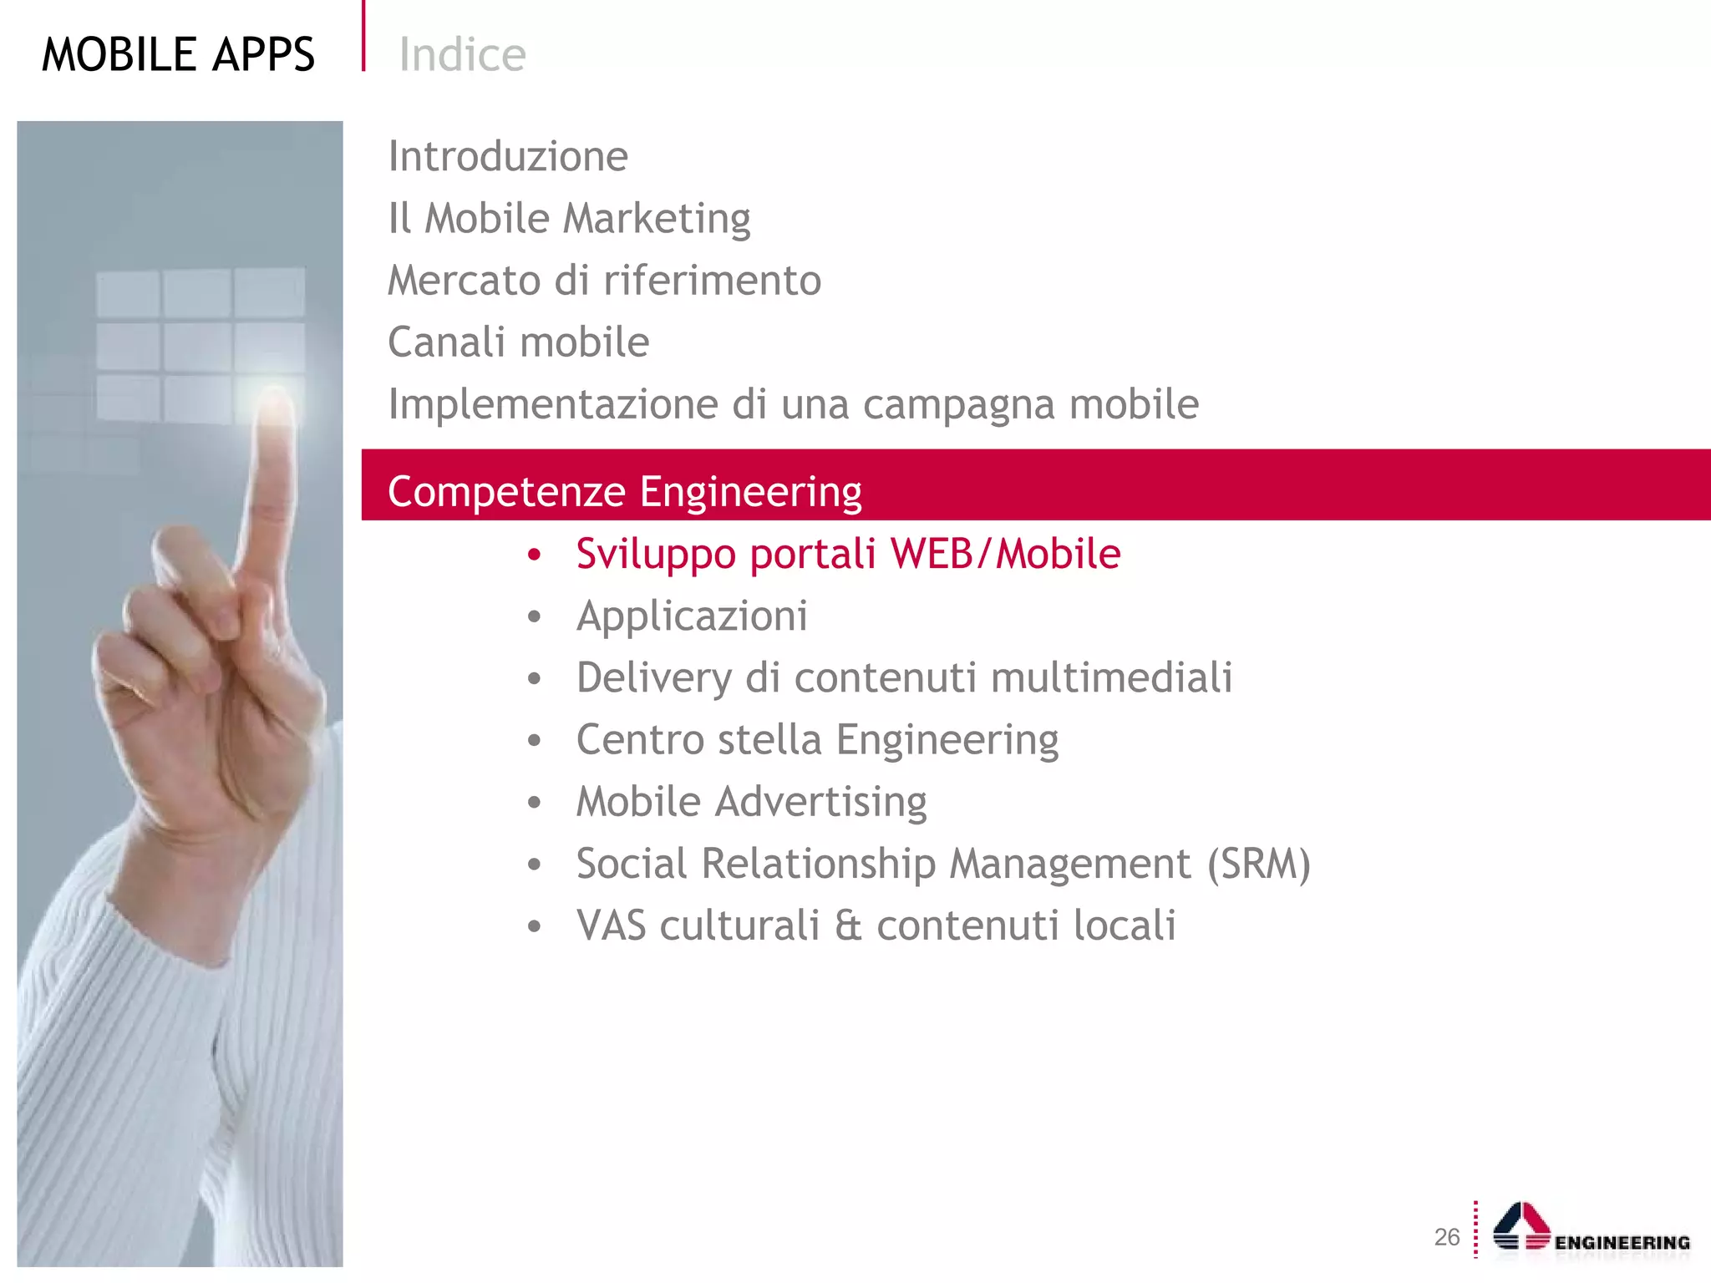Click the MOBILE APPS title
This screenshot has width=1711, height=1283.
click(x=178, y=55)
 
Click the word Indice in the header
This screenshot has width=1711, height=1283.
click(x=462, y=55)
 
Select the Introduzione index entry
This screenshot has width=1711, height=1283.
click(x=508, y=156)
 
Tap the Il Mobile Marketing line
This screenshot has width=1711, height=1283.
click(x=569, y=219)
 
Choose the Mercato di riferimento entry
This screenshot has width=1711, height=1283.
click(x=604, y=281)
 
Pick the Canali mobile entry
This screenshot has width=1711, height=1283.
click(x=518, y=342)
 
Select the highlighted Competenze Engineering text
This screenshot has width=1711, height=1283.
click(x=624, y=491)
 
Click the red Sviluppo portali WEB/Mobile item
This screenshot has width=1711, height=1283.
click(x=848, y=554)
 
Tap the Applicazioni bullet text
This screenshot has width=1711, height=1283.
click(x=692, y=616)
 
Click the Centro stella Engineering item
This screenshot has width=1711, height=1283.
click(x=817, y=740)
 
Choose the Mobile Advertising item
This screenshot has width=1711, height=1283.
click(x=751, y=802)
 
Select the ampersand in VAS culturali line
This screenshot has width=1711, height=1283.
click(x=847, y=926)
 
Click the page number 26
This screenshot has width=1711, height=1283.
click(x=1446, y=1237)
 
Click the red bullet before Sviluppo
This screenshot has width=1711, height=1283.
click(x=535, y=555)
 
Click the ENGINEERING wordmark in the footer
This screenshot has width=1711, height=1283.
click(x=1622, y=1243)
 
